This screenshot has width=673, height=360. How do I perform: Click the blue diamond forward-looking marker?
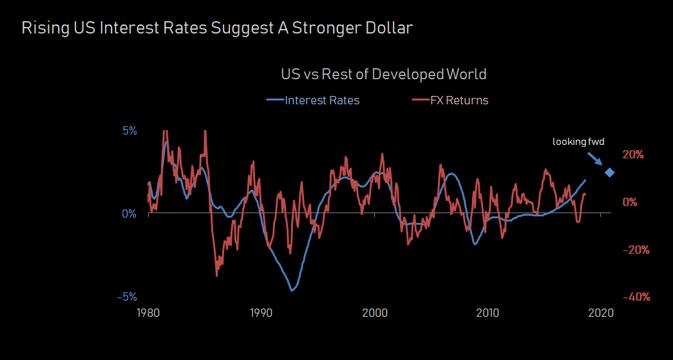coord(609,172)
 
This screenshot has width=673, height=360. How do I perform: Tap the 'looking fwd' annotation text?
coord(578,142)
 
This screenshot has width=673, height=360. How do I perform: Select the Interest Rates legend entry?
coord(313,100)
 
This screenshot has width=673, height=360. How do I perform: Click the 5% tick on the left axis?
coord(129,131)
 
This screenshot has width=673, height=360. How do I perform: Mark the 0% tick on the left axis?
coord(129,213)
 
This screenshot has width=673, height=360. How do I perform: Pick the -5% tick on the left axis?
coord(127,297)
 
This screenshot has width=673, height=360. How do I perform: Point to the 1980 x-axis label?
coord(149,313)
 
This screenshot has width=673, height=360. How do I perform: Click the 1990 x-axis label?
coord(261,313)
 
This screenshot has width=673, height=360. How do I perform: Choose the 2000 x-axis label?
coord(375,313)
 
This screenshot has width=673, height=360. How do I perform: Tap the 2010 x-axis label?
coord(488,313)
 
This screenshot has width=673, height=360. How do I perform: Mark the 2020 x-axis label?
coord(600,313)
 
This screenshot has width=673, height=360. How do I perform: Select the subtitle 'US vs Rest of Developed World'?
coord(384,74)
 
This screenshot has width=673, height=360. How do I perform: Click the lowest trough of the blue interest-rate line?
coord(292,290)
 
